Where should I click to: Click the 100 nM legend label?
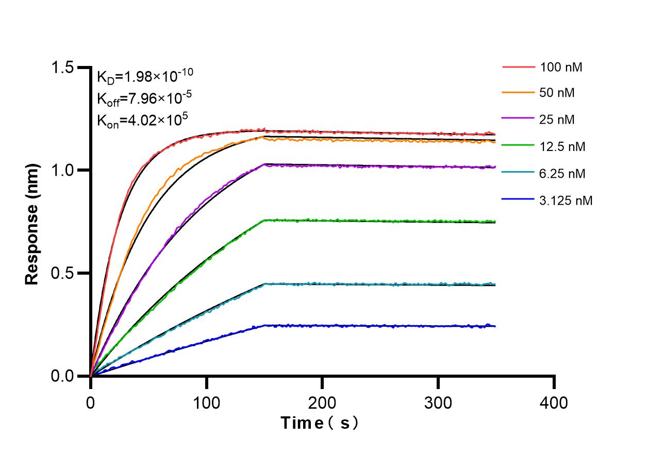click(561, 67)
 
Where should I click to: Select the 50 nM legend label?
click(557, 93)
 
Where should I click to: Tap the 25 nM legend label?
click(557, 120)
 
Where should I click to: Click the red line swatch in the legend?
click(519, 67)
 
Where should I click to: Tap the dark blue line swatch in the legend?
click(519, 200)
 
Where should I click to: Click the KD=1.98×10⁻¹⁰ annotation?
click(145, 76)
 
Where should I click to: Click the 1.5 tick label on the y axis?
click(63, 68)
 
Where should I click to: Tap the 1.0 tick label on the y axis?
click(63, 171)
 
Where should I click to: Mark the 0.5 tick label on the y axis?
click(63, 273)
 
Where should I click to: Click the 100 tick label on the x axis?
click(207, 402)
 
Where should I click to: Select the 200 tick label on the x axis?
click(323, 402)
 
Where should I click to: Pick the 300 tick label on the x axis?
click(438, 402)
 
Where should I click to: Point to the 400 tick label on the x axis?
click(554, 402)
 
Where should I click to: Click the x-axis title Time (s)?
click(320, 424)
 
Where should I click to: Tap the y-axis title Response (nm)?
click(32, 224)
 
